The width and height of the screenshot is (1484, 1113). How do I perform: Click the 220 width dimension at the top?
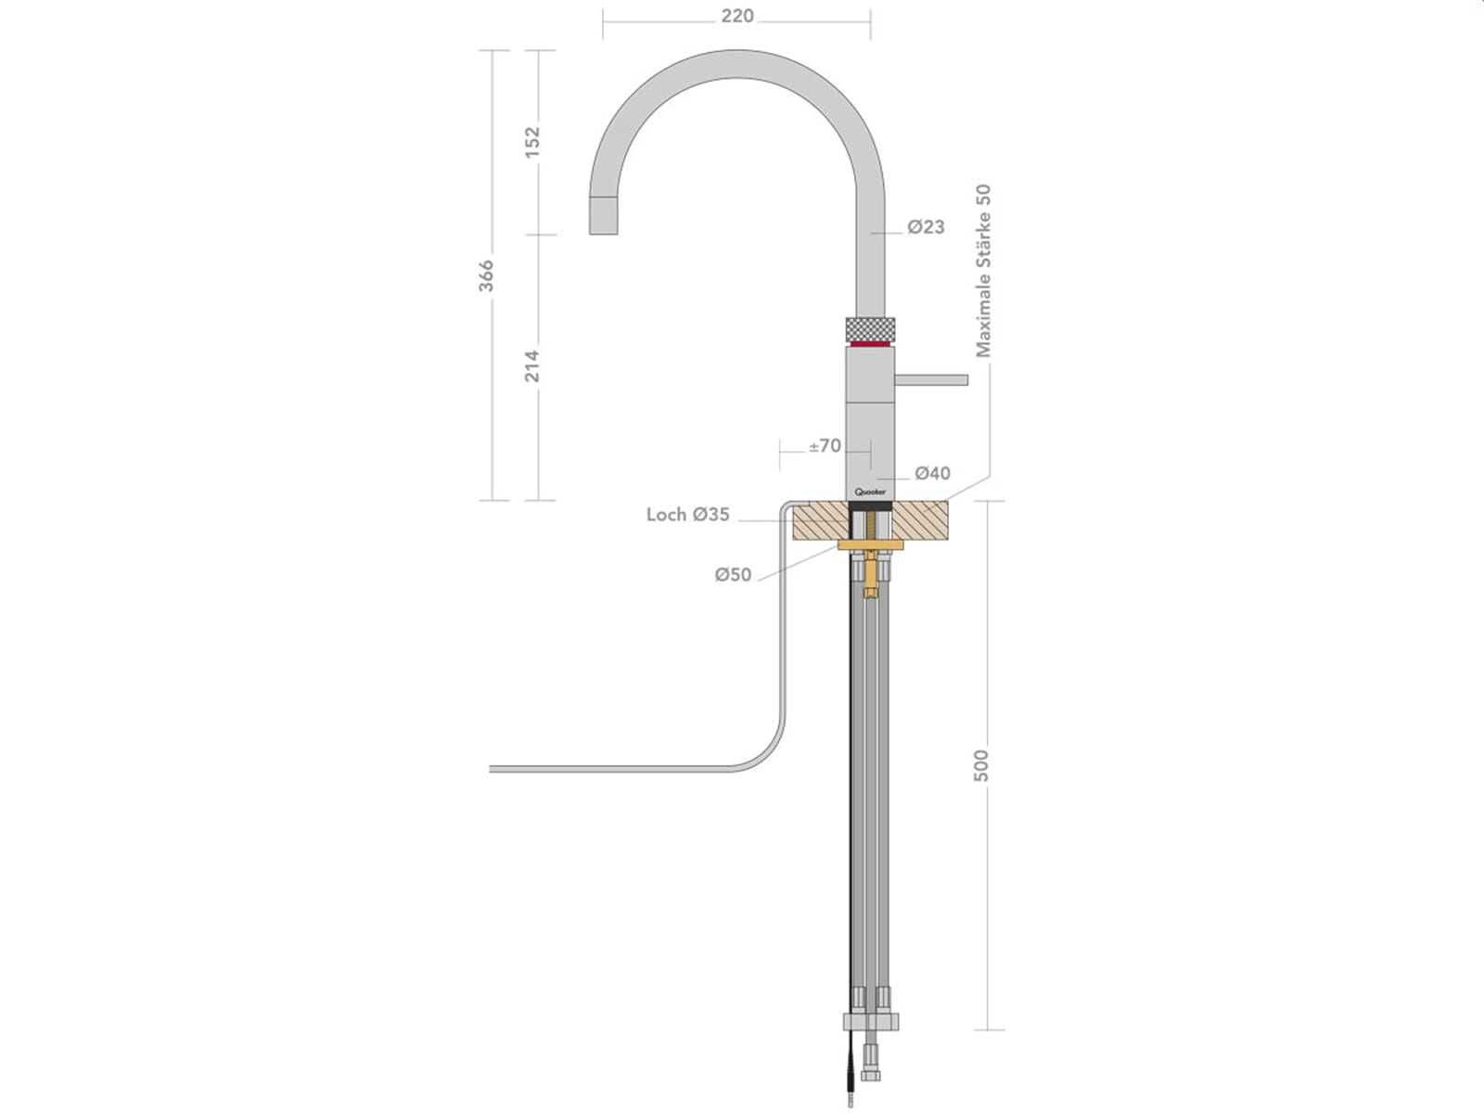click(x=736, y=17)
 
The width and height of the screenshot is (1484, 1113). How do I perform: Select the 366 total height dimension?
click(x=486, y=275)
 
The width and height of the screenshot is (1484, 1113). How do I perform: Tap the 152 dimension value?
click(x=532, y=142)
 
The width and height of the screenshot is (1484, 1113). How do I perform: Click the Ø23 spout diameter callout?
click(x=926, y=227)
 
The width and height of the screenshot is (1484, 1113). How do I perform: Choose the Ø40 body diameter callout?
click(x=932, y=473)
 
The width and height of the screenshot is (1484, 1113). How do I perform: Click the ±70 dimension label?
click(x=825, y=446)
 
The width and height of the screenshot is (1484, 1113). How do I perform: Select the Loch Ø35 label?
click(x=687, y=514)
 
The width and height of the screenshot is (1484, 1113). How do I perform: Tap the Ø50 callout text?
click(x=733, y=575)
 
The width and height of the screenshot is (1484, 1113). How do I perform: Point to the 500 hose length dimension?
click(x=981, y=765)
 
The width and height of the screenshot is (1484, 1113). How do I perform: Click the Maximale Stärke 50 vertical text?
click(x=984, y=270)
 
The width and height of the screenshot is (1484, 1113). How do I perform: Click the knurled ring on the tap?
click(x=870, y=329)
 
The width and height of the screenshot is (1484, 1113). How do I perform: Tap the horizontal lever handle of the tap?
click(x=930, y=379)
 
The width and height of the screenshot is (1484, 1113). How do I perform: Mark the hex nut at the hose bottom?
click(x=870, y=1022)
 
